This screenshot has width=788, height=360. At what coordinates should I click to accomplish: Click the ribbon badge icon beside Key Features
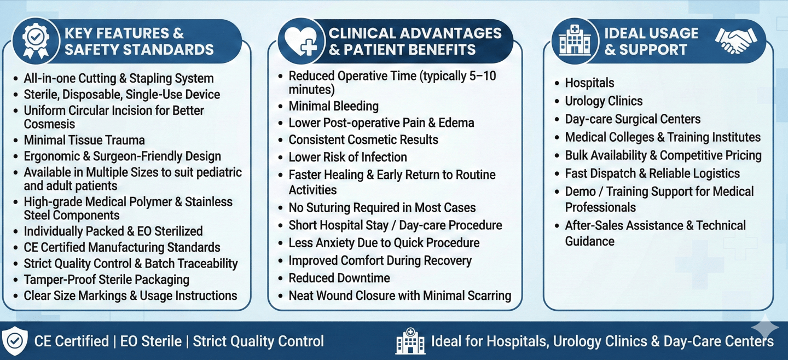coord(36,41)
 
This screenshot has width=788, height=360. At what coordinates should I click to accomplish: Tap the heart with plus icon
coord(301,42)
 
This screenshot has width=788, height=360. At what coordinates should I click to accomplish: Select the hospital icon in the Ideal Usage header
coord(575,40)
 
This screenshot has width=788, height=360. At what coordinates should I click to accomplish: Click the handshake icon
coord(736,40)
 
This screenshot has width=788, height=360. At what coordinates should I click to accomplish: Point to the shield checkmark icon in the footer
coord(14,340)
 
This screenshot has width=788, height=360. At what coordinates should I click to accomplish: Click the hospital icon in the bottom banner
coord(410,341)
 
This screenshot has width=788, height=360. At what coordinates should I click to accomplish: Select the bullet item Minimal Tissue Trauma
coord(84,140)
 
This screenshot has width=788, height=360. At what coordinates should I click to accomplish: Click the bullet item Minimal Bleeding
coord(333,106)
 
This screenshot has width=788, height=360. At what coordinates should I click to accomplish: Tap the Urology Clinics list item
coord(604,101)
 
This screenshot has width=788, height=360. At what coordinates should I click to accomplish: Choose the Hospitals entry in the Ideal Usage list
coord(589,83)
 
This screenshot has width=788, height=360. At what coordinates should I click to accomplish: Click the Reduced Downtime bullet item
coord(339,278)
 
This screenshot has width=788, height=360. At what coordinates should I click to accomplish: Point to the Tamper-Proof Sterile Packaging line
coord(107,280)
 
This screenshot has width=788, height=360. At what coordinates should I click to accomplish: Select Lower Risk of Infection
coord(347,157)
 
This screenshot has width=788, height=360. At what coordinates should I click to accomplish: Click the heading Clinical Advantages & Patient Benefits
coord(415,42)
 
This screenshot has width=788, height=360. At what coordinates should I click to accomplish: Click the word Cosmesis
coord(49,124)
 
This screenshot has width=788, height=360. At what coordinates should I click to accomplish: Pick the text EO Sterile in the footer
coord(151,341)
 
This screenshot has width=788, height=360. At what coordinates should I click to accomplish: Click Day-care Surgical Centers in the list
coord(633,119)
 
